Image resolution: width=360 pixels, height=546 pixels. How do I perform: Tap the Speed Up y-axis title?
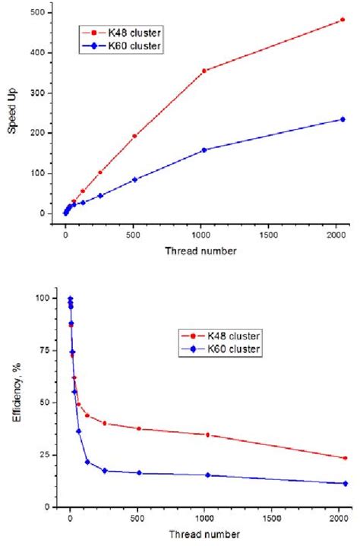point(13,114)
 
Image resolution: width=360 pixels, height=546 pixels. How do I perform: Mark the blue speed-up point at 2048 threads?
point(343,119)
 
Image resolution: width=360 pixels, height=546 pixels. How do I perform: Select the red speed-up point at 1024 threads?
point(204,71)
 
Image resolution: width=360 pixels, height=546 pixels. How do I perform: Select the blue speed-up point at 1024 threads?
point(204,150)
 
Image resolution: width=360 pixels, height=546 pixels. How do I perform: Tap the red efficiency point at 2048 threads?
point(346,458)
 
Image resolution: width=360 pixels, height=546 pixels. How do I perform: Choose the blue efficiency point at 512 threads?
point(139,473)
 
